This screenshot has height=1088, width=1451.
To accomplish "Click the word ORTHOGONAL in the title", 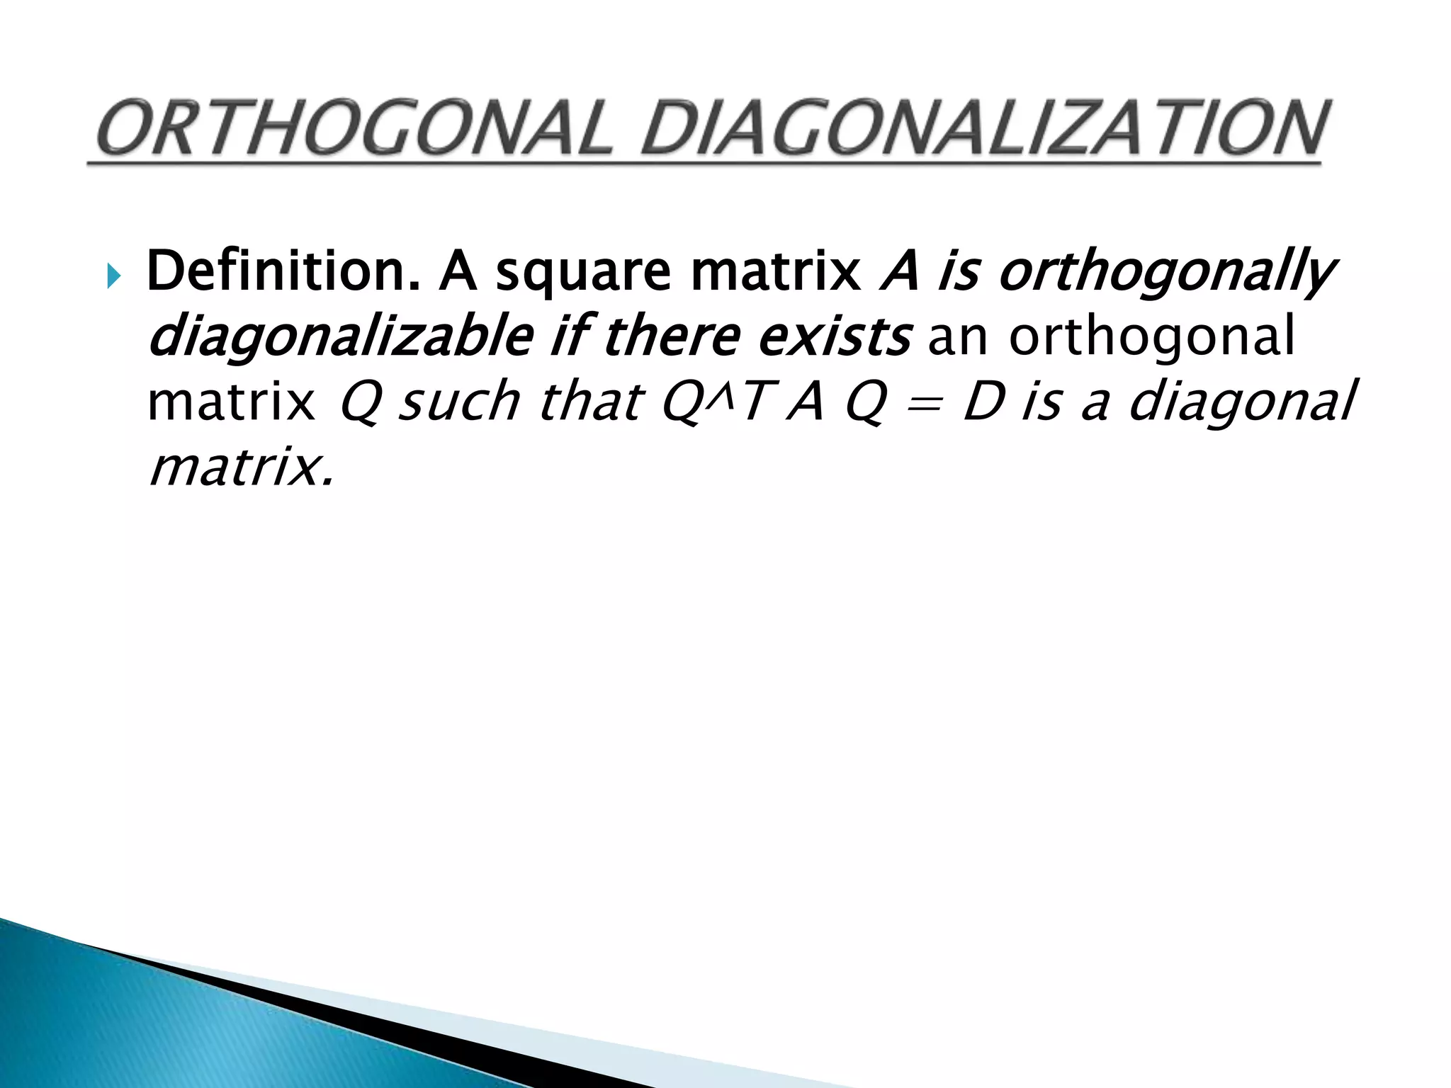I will pyautogui.click(x=354, y=130).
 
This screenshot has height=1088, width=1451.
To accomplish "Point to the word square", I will pyautogui.click(x=582, y=272).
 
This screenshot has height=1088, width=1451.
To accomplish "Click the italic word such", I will pyautogui.click(x=459, y=401).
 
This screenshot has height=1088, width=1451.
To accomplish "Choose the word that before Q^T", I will pyautogui.click(x=590, y=401).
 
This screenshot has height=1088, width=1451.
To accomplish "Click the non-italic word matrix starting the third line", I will pyautogui.click(x=231, y=402).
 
